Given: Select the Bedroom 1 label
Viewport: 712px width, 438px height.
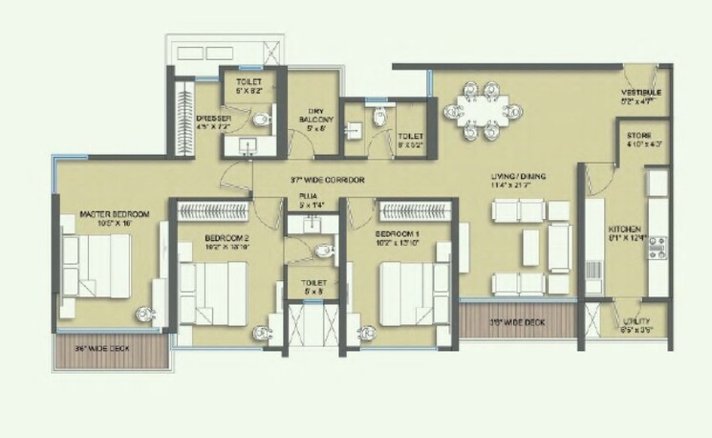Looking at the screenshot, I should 395,235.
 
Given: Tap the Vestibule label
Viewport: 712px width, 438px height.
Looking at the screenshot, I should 640,94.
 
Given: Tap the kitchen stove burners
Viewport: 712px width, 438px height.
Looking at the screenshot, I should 658,249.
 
